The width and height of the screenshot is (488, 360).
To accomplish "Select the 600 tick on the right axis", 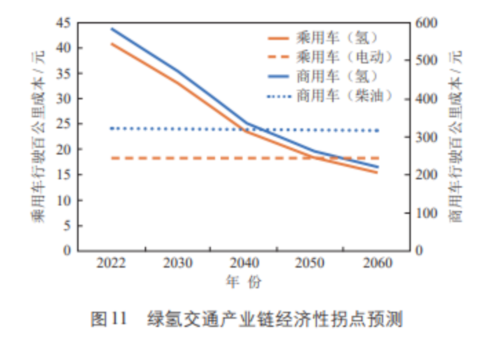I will pos(426,23).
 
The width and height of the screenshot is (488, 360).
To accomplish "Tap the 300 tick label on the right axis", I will pos(426,137).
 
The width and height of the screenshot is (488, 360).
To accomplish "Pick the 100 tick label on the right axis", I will pos(426,213).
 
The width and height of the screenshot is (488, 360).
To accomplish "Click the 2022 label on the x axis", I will pos(111,263).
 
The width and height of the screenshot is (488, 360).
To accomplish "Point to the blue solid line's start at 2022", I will pos(111,29).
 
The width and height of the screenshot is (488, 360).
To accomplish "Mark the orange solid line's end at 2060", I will pos(377,173).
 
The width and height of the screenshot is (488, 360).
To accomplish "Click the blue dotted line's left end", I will pos(111,128).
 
